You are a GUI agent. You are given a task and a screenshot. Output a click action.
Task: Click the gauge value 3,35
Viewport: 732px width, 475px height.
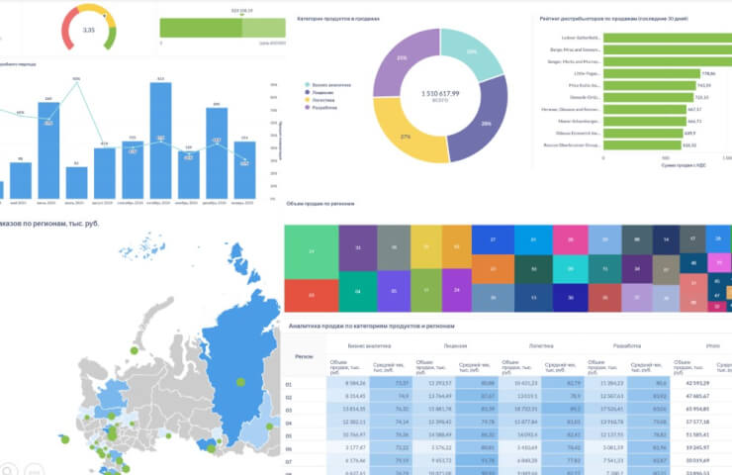tap(89, 30)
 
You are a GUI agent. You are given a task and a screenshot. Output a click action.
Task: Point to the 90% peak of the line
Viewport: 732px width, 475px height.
tap(76, 82)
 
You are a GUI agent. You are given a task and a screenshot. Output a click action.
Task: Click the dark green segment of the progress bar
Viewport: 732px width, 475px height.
tap(202, 30)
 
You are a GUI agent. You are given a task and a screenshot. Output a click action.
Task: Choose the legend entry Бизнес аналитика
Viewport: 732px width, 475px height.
tap(326, 85)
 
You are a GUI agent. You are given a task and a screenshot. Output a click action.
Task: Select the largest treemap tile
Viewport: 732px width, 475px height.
tap(312, 252)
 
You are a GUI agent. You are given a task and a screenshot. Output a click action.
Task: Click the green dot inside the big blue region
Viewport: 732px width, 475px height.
tap(238, 381)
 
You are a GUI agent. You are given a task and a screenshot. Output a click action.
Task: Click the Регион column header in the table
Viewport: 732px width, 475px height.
tap(305, 357)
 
